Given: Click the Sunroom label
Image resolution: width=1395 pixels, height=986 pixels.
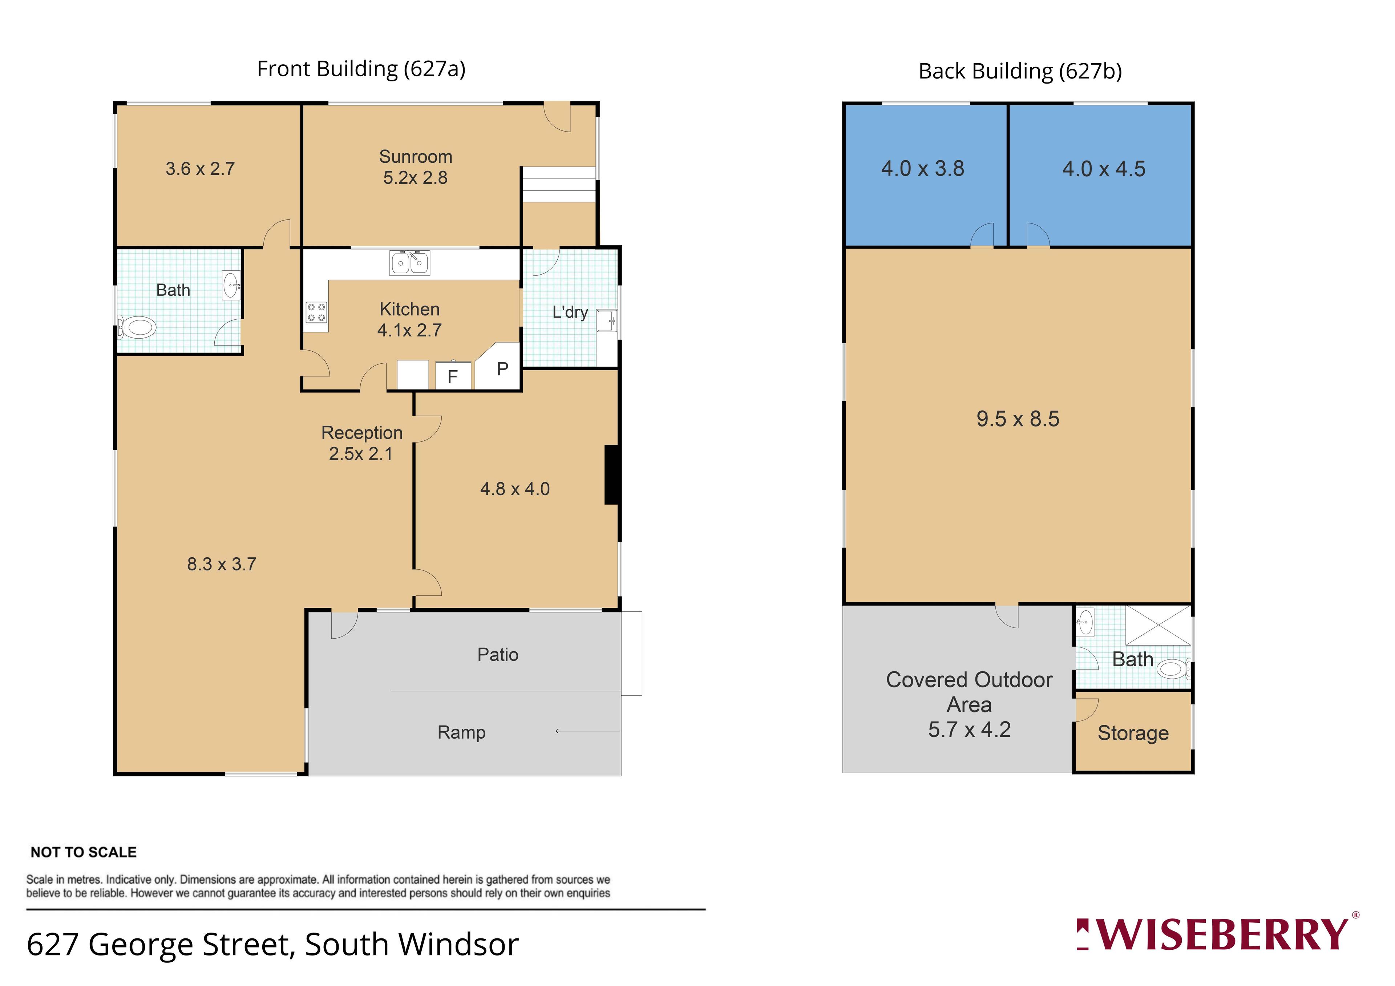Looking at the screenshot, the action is pyautogui.click(x=416, y=157).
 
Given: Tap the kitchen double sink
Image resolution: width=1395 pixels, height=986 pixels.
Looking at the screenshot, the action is pyautogui.click(x=409, y=262).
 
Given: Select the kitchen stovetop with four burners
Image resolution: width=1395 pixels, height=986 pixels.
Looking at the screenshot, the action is pyautogui.click(x=316, y=313).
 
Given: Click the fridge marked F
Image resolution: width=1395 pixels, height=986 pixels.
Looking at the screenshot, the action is pyautogui.click(x=453, y=375).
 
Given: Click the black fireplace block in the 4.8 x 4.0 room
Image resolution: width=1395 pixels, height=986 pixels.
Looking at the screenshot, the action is pyautogui.click(x=612, y=474).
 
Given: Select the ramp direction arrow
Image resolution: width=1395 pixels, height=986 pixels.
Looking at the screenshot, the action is pyautogui.click(x=587, y=731).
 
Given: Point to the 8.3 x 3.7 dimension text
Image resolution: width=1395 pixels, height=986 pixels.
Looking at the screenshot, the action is pyautogui.click(x=222, y=564).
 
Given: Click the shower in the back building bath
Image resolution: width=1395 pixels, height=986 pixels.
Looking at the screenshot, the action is pyautogui.click(x=1158, y=625).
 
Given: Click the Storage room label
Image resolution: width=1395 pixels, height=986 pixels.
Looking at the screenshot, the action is pyautogui.click(x=1133, y=733).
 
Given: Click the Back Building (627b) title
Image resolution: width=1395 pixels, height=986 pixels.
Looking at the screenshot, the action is pyautogui.click(x=1020, y=72).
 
